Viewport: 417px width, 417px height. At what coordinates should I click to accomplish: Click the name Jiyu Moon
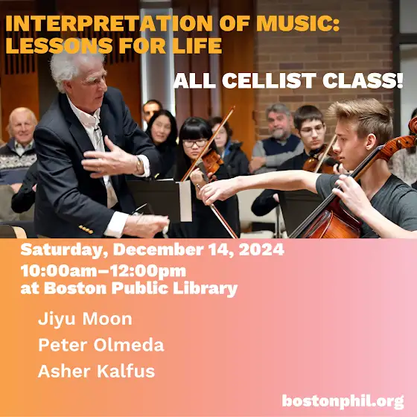tap(85, 319)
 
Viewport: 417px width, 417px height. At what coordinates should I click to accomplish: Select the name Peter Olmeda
tap(101, 345)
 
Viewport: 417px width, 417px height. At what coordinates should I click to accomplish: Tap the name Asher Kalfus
tap(96, 371)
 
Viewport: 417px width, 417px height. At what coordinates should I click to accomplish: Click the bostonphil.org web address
tap(343, 401)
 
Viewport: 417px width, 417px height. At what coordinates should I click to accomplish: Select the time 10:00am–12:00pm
tap(104, 271)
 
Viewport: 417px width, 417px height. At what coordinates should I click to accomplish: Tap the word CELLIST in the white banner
tap(269, 80)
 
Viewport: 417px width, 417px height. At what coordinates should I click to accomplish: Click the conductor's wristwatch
tap(139, 165)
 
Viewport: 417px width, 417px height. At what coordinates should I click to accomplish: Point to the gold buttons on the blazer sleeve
tap(86, 229)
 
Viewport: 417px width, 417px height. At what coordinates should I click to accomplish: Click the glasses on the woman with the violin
tap(195, 144)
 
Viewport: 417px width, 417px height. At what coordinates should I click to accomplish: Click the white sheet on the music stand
tap(185, 201)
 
